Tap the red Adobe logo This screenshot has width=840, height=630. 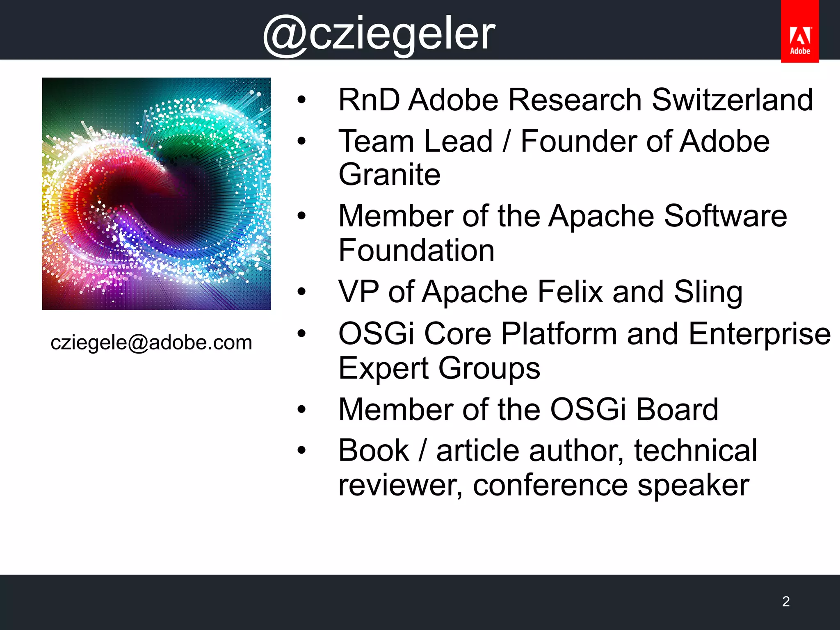(799, 32)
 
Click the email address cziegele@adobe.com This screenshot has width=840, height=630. (151, 342)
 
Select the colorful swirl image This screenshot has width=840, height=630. (156, 194)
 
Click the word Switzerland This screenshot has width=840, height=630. (732, 100)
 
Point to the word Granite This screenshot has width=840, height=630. (389, 175)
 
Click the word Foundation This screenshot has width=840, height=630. (416, 251)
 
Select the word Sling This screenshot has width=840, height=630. (708, 292)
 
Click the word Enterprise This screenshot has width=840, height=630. (760, 334)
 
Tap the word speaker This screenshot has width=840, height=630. (693, 486)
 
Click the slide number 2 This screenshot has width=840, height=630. (786, 601)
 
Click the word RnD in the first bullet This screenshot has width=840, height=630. (369, 100)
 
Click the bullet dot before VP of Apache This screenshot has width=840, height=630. (302, 292)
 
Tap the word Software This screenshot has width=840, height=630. (725, 216)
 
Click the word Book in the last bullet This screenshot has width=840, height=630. (374, 451)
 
